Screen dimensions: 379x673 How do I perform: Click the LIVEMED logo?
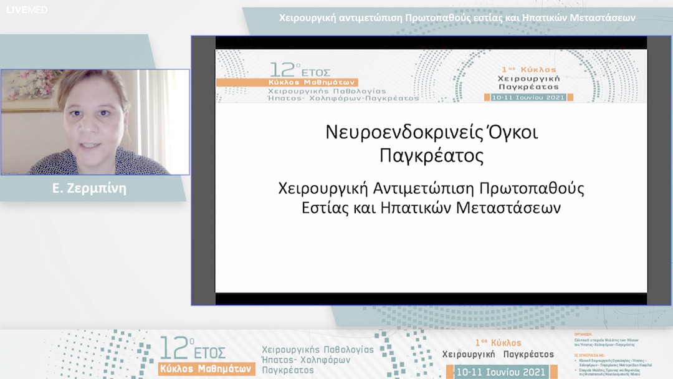tap(27, 10)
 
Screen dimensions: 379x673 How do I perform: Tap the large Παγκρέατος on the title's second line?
tap(431, 156)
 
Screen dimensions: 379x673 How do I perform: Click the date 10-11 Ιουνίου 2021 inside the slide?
tap(525, 97)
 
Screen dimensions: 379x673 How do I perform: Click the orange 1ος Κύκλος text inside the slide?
tap(529, 69)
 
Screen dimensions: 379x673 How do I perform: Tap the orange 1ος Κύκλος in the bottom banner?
tap(498, 343)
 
